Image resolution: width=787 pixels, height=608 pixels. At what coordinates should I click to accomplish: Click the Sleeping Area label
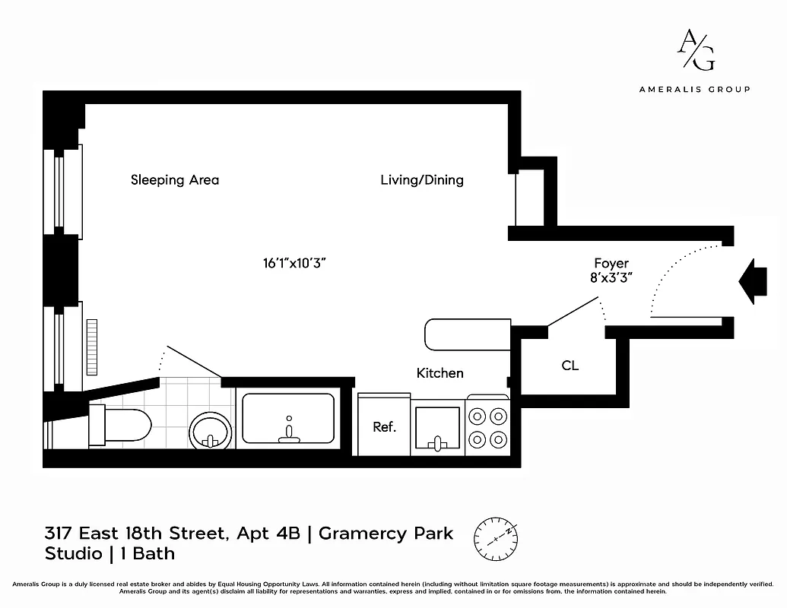(x=175, y=180)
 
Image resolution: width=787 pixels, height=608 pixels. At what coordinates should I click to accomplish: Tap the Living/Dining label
(x=422, y=180)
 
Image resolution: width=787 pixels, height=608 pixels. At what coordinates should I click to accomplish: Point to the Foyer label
(x=611, y=264)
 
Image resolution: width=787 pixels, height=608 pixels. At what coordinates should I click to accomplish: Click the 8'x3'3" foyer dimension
(x=613, y=278)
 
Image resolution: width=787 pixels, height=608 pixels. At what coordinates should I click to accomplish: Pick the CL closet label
(x=570, y=366)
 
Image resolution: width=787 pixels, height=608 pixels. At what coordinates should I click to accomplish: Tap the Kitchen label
(x=440, y=373)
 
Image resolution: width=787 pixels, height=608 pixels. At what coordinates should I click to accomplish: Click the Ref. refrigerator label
(x=385, y=427)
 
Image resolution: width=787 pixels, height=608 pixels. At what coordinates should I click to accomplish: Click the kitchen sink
(x=436, y=429)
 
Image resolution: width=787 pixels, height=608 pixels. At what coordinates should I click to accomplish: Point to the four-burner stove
(x=487, y=427)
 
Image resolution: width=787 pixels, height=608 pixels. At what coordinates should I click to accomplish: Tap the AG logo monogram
(x=695, y=50)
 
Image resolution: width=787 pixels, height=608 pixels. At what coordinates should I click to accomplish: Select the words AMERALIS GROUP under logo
(x=694, y=89)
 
